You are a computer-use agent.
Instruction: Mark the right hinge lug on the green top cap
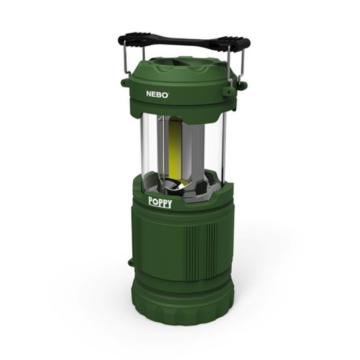point(241,86)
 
